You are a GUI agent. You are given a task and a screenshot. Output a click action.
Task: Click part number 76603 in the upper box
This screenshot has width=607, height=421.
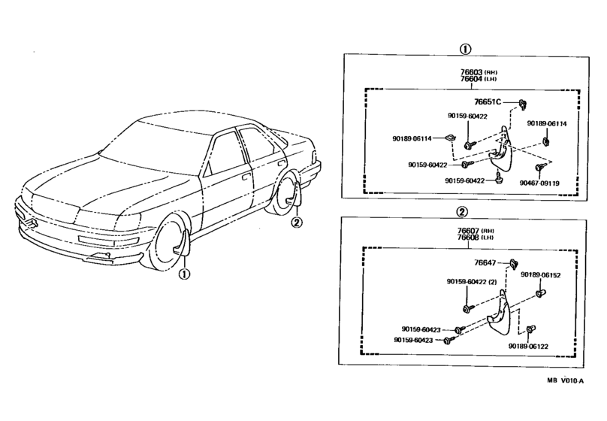(471, 72)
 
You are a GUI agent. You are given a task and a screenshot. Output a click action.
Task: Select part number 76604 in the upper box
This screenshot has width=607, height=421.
(471, 79)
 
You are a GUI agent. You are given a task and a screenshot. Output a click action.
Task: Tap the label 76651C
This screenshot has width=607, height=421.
(488, 101)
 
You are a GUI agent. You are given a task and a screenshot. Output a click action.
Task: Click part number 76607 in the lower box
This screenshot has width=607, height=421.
(468, 231)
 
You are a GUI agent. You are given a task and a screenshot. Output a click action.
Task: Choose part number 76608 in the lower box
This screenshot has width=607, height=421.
(468, 237)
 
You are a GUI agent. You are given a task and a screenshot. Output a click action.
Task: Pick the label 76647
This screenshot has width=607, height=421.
(485, 262)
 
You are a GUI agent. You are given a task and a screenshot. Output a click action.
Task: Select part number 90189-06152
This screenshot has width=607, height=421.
(540, 274)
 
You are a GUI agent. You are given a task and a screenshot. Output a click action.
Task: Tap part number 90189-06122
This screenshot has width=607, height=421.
(528, 347)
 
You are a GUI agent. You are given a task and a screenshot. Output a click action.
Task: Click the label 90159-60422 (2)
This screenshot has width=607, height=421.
(472, 282)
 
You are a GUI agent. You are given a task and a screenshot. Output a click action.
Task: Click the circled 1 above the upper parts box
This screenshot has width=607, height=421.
(465, 49)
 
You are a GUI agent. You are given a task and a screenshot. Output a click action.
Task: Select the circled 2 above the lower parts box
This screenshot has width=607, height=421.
(462, 212)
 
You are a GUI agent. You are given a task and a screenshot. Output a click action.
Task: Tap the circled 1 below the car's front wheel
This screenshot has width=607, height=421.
(184, 274)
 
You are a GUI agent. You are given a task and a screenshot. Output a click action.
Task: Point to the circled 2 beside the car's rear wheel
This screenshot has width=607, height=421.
(296, 223)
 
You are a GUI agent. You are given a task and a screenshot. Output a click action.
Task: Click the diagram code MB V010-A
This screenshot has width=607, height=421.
(565, 380)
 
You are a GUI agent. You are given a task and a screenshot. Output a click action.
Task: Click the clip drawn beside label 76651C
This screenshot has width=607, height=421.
(524, 104)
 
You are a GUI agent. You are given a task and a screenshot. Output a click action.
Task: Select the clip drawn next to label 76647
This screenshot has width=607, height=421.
(514, 264)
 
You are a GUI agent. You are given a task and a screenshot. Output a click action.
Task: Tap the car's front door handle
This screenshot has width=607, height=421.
(245, 178)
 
